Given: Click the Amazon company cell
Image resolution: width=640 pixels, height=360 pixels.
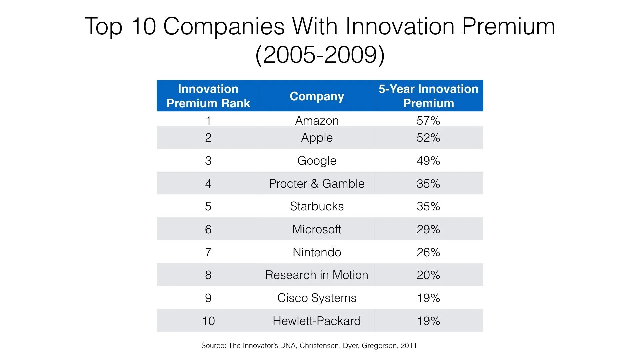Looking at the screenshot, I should point(317,120).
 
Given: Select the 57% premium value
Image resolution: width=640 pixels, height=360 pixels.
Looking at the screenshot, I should point(428,120).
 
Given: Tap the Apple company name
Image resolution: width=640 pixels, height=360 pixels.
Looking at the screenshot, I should point(317,138).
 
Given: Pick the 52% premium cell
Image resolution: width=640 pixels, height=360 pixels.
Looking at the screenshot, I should point(428,138).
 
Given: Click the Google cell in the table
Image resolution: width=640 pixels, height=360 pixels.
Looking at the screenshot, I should point(317,161).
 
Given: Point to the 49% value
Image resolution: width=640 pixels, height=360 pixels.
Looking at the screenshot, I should point(428,161).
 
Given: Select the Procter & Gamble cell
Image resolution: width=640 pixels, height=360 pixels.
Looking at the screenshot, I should point(317,183).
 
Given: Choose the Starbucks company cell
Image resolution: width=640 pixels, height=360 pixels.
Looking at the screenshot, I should point(317,206).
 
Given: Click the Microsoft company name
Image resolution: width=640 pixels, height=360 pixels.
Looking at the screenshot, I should point(317,229).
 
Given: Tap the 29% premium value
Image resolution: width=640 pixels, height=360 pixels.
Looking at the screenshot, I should point(428,229).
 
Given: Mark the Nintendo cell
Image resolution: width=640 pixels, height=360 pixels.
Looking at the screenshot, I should point(317,252).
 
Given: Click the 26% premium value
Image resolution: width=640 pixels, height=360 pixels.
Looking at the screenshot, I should point(428,252).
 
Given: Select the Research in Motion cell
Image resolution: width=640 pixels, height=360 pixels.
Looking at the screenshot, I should point(317,275).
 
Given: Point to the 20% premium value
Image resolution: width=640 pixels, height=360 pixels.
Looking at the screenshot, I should point(428,275).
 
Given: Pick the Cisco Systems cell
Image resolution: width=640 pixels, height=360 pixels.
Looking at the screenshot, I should point(317,298).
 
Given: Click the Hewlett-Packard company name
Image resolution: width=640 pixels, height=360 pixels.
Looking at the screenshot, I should point(317,321).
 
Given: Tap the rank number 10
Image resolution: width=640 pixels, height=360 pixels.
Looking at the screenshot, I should point(208,321).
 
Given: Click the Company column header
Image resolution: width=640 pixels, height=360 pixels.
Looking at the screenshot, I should point(317,96).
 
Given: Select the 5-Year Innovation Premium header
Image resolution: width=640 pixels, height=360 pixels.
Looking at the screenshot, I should point(428,96).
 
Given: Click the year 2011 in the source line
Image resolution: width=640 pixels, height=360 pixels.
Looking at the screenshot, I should point(409,346).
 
